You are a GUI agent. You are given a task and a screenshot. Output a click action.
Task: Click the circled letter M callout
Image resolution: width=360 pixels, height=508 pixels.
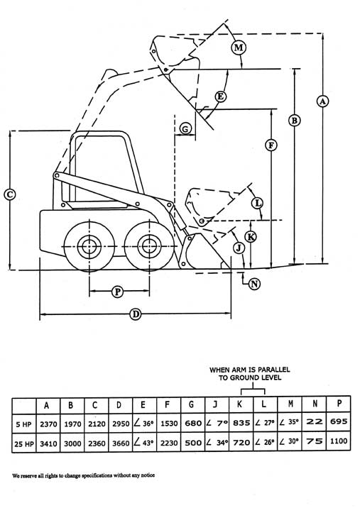(239, 48)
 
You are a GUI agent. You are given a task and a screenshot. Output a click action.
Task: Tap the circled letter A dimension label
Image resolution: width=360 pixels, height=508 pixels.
(322, 101)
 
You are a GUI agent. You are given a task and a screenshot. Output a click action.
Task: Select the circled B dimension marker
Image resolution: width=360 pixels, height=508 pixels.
(294, 121)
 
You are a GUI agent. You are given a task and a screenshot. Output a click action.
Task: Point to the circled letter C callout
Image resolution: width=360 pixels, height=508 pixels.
(10, 194)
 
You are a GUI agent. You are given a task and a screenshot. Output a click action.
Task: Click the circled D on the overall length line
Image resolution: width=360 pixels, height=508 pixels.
(136, 314)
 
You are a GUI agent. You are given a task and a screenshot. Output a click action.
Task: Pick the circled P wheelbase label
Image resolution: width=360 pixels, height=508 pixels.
(117, 292)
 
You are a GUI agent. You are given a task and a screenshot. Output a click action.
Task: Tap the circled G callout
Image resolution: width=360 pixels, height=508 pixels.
(185, 129)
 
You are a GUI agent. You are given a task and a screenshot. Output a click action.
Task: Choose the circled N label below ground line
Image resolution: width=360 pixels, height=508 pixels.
(255, 284)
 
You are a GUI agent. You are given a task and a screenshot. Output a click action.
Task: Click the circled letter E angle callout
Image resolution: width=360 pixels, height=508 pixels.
(221, 96)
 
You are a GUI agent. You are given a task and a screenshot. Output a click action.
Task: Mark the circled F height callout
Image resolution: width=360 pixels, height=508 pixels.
(271, 145)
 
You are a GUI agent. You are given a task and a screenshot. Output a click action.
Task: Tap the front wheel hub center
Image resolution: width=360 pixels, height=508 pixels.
(149, 246)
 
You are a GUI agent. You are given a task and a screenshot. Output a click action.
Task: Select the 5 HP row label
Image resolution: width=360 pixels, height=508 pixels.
(23, 424)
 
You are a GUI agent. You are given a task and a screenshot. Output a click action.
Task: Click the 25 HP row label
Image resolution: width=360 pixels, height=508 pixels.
(23, 444)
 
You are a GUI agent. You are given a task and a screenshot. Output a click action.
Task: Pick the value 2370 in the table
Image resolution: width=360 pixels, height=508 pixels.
(48, 424)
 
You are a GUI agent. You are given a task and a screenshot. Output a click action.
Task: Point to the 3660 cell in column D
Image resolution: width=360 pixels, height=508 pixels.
(121, 443)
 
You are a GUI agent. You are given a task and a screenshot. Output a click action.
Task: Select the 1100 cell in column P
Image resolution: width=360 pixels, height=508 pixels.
(339, 441)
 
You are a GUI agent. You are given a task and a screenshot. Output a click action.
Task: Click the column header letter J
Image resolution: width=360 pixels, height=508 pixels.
(215, 404)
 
